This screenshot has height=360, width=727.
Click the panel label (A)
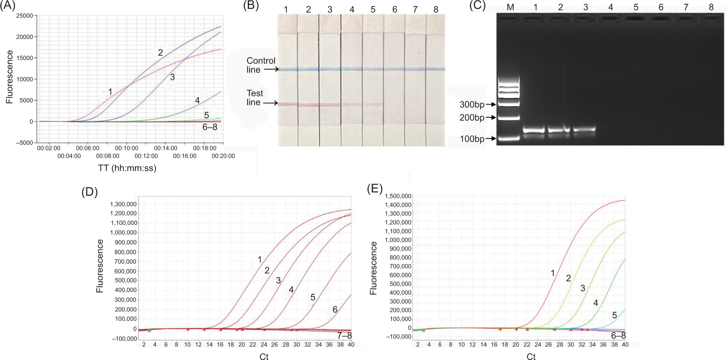[8, 6]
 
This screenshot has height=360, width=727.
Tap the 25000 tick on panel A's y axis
[24, 16]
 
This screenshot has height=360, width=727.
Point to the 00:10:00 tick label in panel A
[127, 148]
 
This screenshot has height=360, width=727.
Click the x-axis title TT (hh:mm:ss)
[127, 168]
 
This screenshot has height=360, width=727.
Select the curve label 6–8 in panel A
[210, 127]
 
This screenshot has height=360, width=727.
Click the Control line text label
[261, 65]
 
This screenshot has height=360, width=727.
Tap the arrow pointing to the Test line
[271, 103]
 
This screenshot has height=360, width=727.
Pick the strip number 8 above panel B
[436, 9]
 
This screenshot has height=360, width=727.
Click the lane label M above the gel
[510, 7]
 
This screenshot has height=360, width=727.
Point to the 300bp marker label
[472, 105]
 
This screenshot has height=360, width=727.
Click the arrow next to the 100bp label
[491, 139]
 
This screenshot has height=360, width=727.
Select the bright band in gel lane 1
[534, 130]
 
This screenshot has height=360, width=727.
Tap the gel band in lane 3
[584, 129]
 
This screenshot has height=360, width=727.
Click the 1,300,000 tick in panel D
[123, 204]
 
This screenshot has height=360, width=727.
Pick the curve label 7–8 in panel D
[344, 336]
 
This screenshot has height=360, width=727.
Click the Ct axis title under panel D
[264, 356]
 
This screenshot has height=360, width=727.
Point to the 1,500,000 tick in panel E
[398, 196]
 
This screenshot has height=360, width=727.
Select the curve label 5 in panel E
[614, 315]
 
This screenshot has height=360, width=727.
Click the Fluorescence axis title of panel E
[374, 268]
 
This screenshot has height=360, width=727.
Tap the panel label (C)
[478, 6]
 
